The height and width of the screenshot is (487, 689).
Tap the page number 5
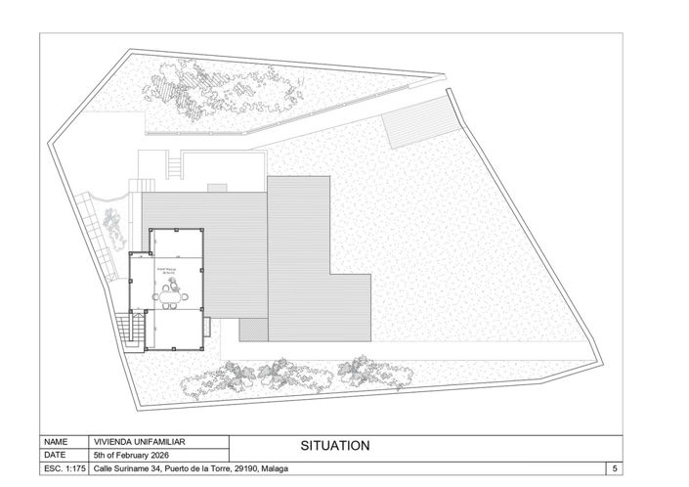point(614,469)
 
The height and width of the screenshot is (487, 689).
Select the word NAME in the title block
point(56,441)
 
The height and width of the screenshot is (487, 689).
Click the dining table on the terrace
point(173,293)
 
